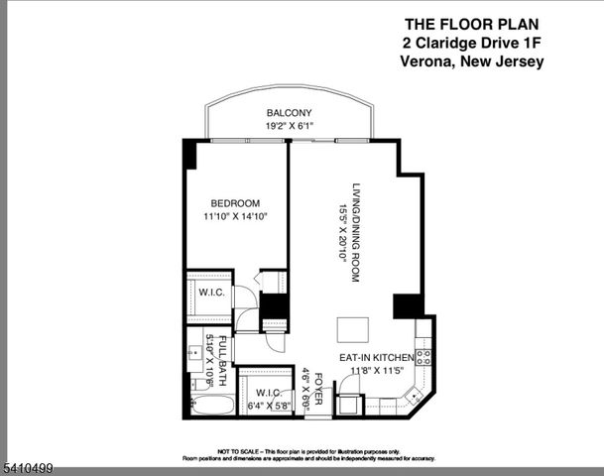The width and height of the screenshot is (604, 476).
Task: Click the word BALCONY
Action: coord(289,113)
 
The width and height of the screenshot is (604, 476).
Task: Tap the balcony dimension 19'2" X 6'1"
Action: coord(289,126)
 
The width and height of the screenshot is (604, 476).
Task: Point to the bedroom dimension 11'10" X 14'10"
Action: coord(235,216)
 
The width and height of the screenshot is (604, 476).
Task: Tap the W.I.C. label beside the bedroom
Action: coord(210,294)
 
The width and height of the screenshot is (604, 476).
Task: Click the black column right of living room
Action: coord(406,306)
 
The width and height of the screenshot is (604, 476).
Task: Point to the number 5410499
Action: coord(29,468)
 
